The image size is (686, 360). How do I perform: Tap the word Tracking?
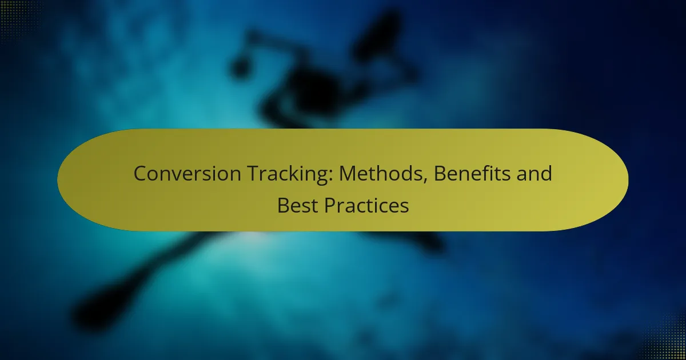click(290, 174)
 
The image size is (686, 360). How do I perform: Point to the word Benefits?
click(472, 173)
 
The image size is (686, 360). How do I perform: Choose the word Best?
click(297, 205)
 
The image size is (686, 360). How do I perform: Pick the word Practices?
click(366, 205)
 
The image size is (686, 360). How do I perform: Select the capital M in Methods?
click(348, 174)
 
